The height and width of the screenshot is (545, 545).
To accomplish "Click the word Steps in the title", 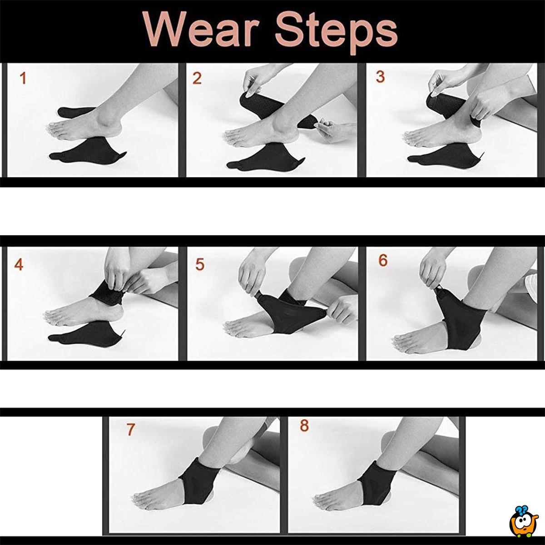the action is click(337, 33).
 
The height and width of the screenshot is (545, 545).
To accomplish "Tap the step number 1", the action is click(23, 78).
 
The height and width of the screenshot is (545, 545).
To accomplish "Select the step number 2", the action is click(197, 78).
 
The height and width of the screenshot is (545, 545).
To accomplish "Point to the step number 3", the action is click(381, 77).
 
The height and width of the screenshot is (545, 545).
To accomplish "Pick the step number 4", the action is click(19, 265).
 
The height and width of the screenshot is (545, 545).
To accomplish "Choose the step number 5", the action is click(200, 264).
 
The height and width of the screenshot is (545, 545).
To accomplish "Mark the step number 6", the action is click(383, 261).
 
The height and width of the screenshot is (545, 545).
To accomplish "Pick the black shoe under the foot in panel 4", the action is click(87, 333).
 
